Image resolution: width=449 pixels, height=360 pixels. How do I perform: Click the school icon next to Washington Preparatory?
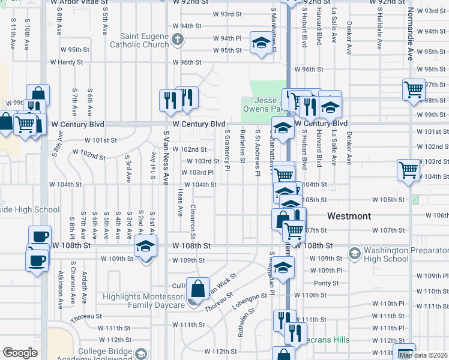coord(355,254)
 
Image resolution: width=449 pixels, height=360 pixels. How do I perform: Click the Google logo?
coord(19,353)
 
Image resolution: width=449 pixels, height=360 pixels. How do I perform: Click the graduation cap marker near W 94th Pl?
coord(261,43)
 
